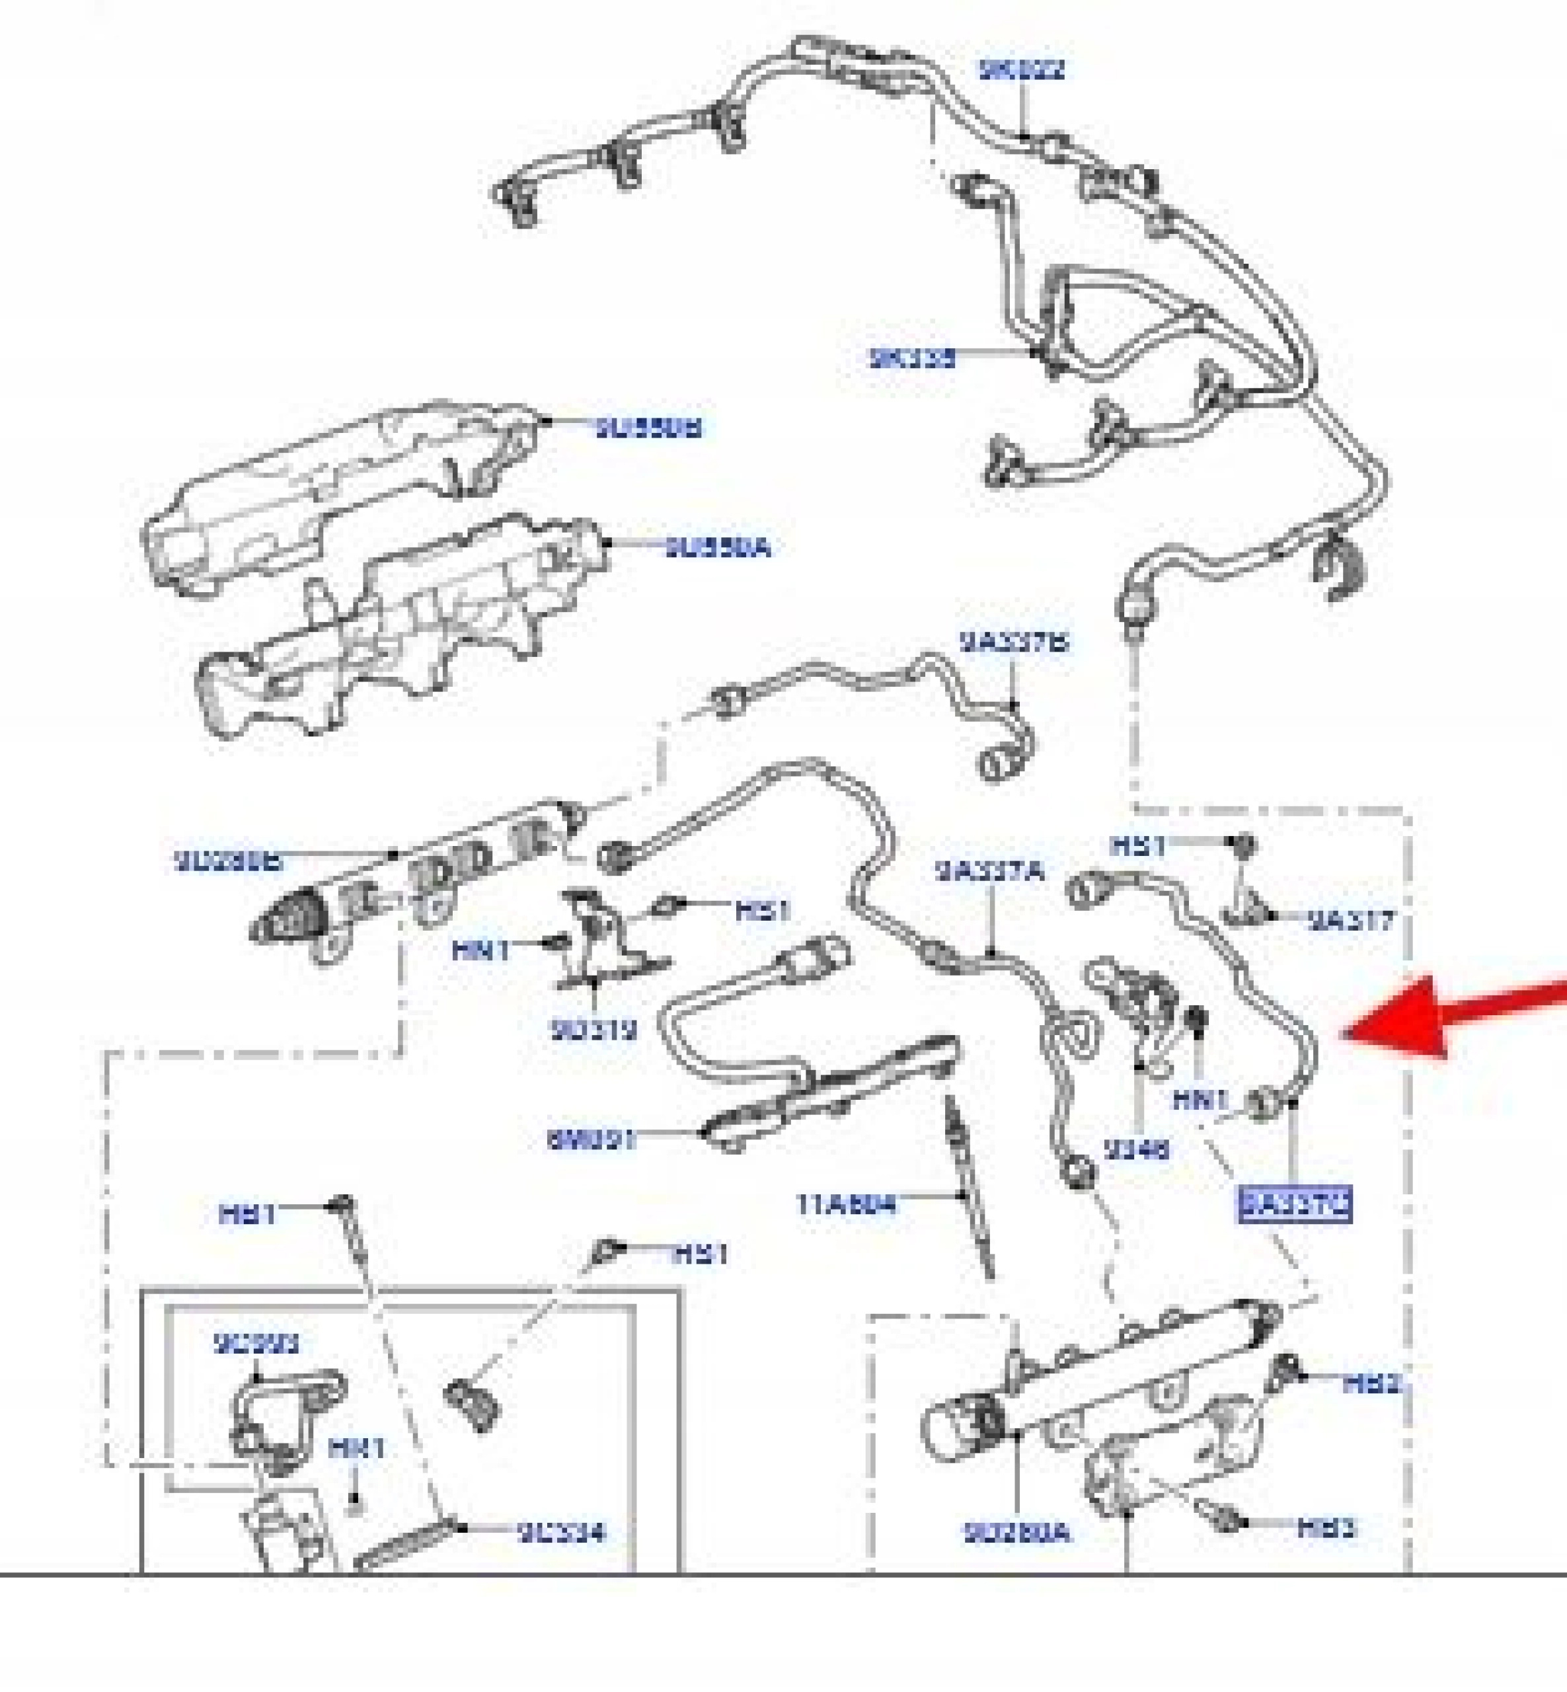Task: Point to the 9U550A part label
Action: pyautogui.click(x=717, y=548)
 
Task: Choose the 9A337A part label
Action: pyautogui.click(x=989, y=870)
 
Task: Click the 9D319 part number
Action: pyautogui.click(x=593, y=1030)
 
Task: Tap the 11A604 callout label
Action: pyautogui.click(x=845, y=1204)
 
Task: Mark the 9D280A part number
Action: pyautogui.click(x=1016, y=1533)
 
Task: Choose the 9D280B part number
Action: pyautogui.click(x=228, y=862)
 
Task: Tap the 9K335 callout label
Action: pyautogui.click(x=913, y=358)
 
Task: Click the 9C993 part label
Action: pyautogui.click(x=256, y=1344)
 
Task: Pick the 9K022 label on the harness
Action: pyautogui.click(x=1021, y=69)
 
